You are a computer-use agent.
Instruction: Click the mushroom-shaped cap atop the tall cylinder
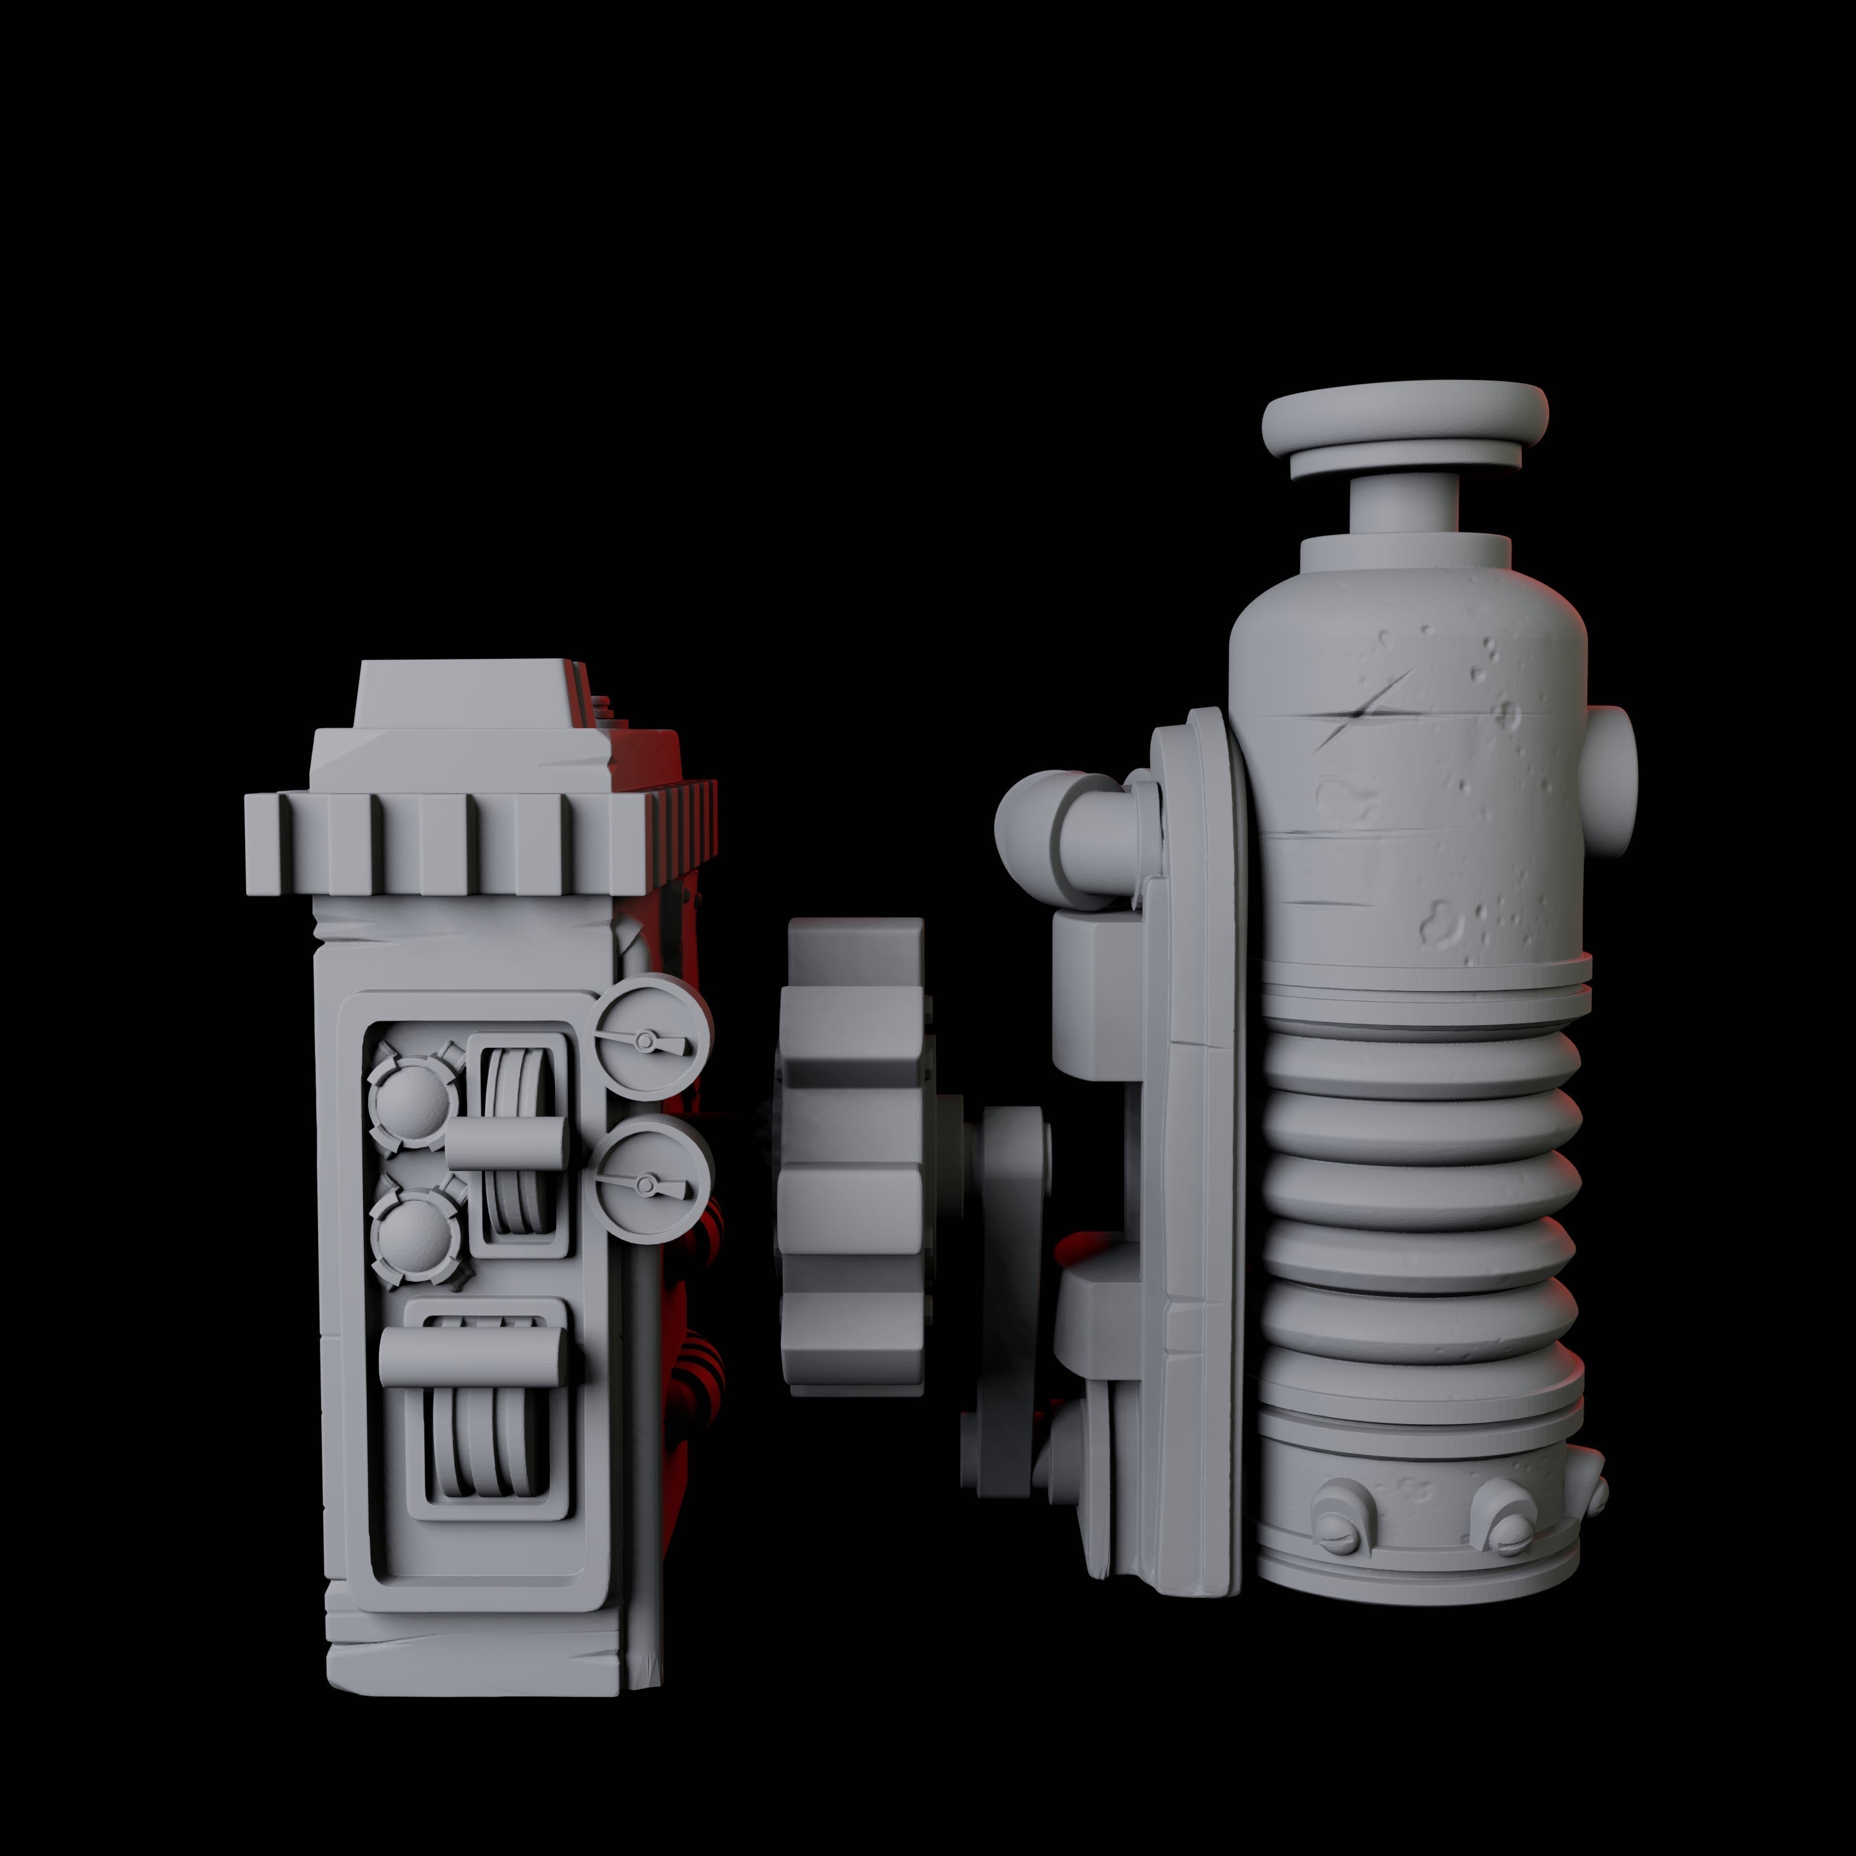(1404, 420)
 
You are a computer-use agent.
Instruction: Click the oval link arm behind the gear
(1008, 1278)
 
